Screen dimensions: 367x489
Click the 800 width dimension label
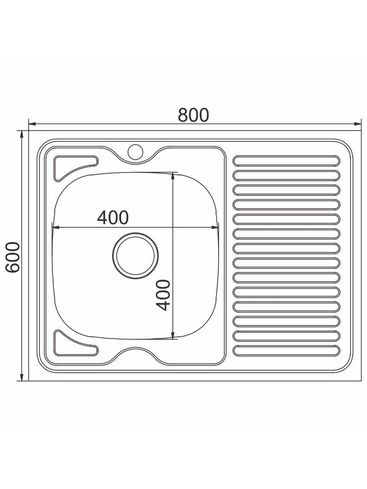click(193, 115)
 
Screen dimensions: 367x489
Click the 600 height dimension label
click(13, 257)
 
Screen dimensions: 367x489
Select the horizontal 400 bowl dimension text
click(113, 217)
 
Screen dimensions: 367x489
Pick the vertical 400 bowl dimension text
click(163, 295)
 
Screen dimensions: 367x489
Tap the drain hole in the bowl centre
click(135, 256)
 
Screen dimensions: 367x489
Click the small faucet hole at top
click(135, 152)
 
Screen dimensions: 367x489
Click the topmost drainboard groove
click(286, 161)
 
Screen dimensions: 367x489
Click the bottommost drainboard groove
click(286, 350)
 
